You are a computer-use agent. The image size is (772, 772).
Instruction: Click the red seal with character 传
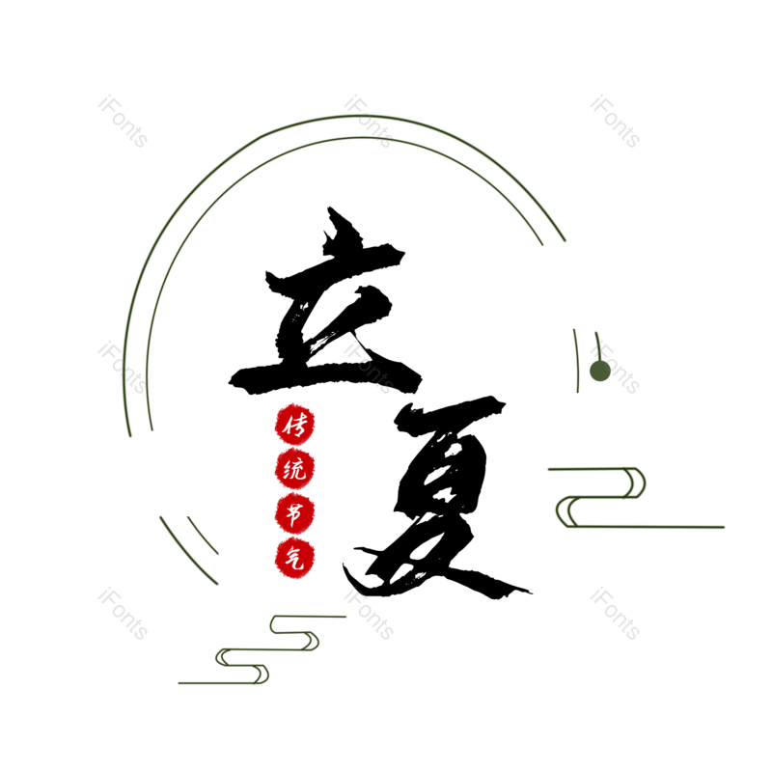[294, 425]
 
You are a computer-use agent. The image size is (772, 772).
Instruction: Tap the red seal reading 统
[294, 470]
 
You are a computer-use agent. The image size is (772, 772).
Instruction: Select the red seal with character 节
[294, 514]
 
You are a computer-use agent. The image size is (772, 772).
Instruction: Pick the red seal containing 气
[294, 559]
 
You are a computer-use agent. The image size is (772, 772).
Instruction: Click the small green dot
[599, 371]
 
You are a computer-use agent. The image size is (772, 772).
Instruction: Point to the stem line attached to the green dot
[597, 345]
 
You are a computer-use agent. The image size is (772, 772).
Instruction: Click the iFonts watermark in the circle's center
[369, 368]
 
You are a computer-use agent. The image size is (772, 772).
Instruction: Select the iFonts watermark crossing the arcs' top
[369, 122]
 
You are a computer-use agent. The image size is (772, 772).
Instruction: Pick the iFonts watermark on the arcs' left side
[123, 368]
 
